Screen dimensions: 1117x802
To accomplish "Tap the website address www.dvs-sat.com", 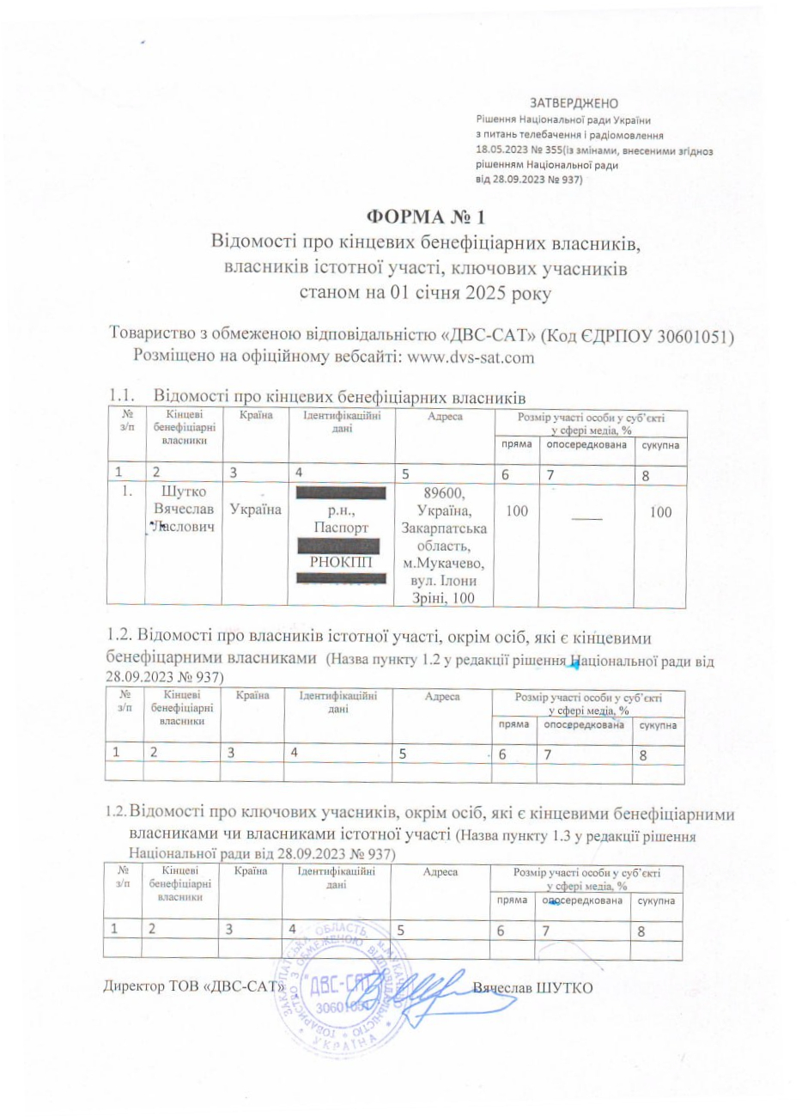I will click(470, 357).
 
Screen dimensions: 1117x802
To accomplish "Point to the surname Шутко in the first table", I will click(185, 492).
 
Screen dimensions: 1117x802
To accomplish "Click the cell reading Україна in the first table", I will click(255, 510).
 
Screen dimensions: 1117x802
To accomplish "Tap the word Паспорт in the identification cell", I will click(341, 528).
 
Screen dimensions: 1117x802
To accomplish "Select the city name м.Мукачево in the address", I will click(444, 564).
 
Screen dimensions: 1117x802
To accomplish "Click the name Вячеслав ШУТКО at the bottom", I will click(533, 987).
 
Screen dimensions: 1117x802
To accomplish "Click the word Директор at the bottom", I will click(133, 987).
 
